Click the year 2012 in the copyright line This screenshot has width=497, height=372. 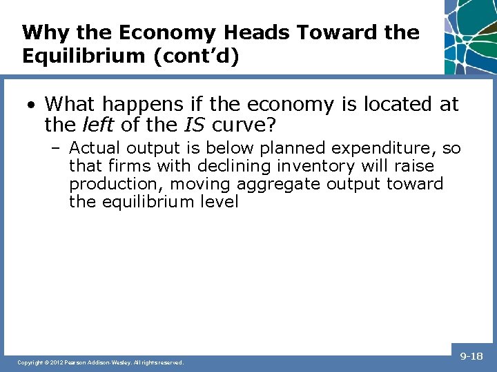pyautogui.click(x=57, y=362)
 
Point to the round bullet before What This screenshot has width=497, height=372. pyautogui.click(x=32, y=105)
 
